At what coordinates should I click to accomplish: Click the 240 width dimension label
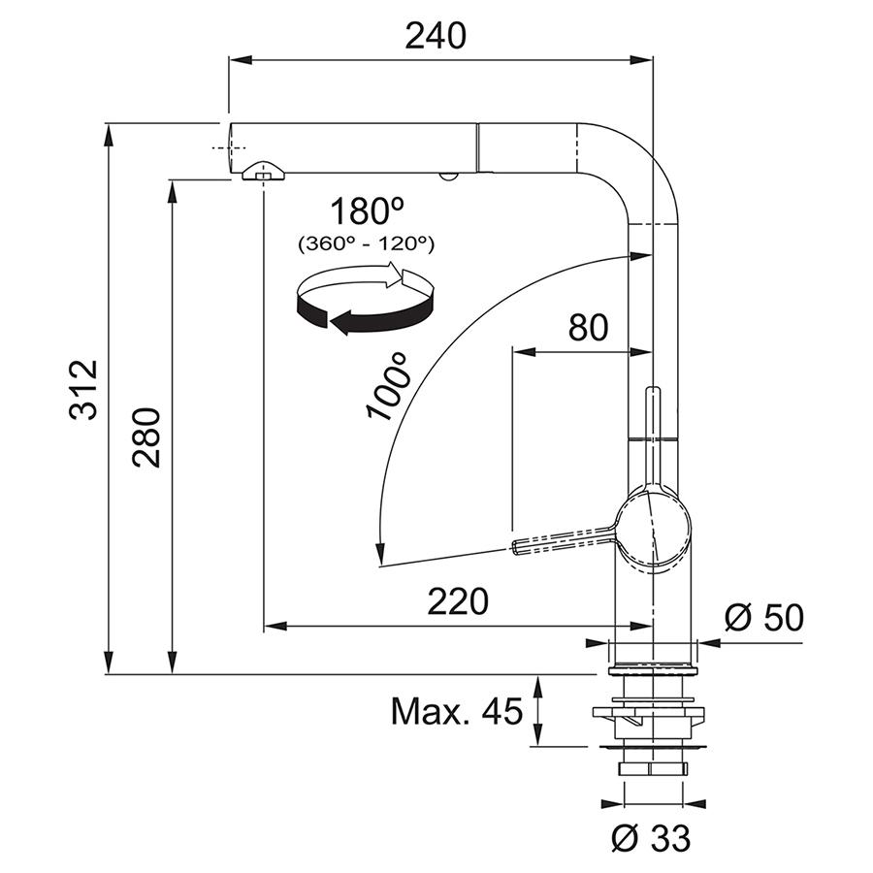click(435, 36)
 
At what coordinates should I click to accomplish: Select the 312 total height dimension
click(83, 389)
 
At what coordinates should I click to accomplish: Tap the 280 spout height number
click(146, 437)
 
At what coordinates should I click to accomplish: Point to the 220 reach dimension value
click(458, 601)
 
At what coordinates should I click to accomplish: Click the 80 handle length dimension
click(588, 328)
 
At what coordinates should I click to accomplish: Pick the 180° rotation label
click(367, 211)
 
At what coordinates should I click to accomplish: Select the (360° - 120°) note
click(367, 243)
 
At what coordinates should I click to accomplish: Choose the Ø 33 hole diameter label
click(651, 837)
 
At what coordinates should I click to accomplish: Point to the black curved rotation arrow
click(365, 314)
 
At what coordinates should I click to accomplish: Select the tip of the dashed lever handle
click(514, 547)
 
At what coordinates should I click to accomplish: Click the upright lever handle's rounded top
click(653, 390)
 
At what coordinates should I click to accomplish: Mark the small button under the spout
click(447, 177)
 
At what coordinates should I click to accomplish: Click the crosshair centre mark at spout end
click(228, 147)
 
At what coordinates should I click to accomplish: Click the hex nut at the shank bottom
click(652, 769)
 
